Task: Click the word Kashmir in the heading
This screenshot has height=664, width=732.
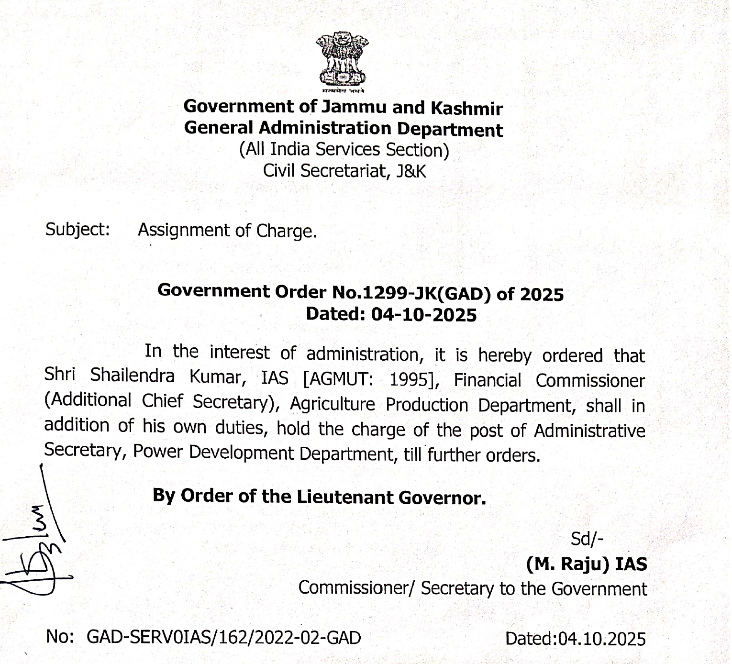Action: (466, 109)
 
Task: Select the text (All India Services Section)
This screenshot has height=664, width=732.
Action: (344, 150)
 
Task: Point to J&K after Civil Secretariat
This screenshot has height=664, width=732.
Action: (411, 171)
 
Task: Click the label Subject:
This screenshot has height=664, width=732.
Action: (78, 230)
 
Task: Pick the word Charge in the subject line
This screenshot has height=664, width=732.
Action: (286, 231)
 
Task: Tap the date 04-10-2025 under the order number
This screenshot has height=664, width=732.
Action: (424, 315)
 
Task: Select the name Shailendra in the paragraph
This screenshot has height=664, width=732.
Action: (133, 376)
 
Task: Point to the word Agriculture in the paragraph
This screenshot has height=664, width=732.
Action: (333, 404)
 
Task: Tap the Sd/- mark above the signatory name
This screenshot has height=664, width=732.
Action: (587, 539)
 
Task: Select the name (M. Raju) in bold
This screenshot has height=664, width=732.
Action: (568, 564)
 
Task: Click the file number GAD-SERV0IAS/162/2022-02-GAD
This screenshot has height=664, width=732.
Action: (224, 638)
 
